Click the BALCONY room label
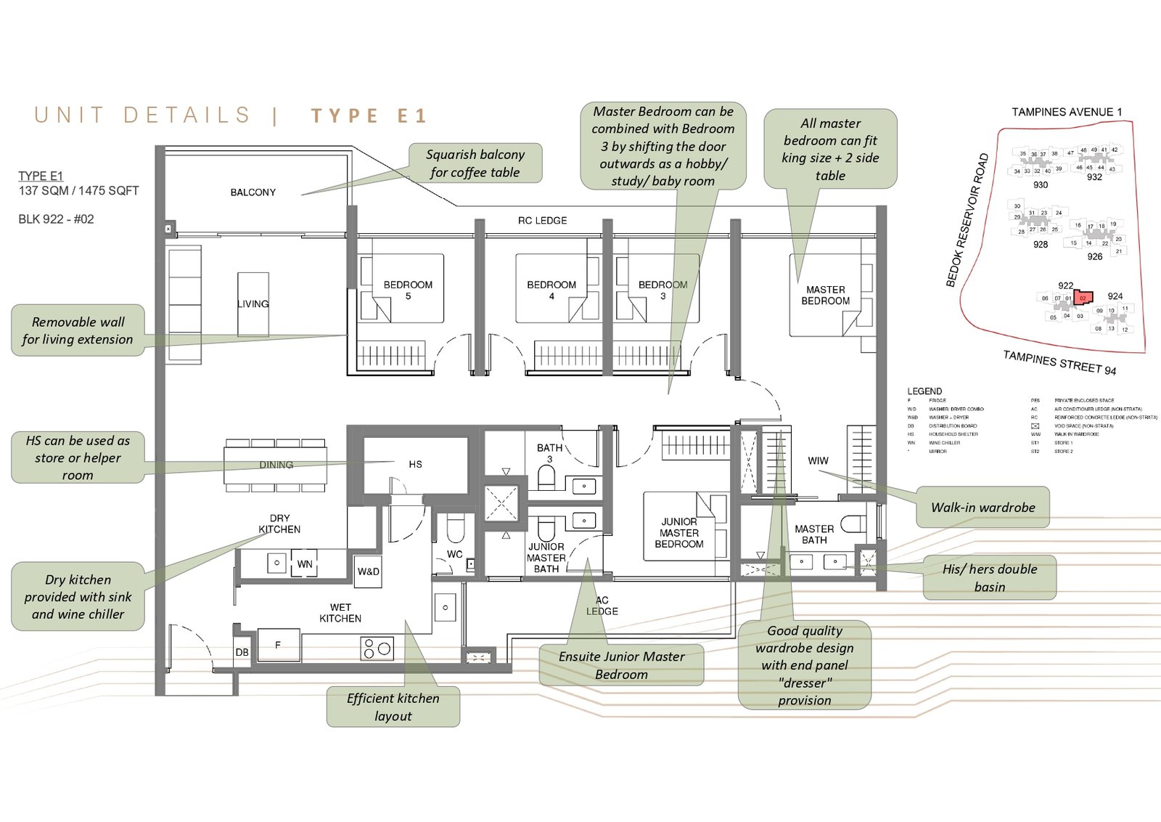[x=253, y=192]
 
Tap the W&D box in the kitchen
[x=369, y=571]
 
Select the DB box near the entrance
[x=242, y=652]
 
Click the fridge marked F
[x=278, y=645]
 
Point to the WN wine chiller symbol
[x=305, y=564]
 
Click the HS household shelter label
[x=415, y=465]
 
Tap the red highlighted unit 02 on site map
[x=1083, y=298]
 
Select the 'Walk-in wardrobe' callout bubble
[x=982, y=508]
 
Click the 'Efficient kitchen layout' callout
[x=393, y=707]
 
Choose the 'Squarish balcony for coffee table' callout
[x=475, y=163]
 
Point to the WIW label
[x=818, y=460]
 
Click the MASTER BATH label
[x=814, y=534]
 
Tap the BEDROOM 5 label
[x=408, y=290]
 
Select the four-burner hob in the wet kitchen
[x=377, y=648]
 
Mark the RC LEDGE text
[x=542, y=221]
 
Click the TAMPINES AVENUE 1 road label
[x=1067, y=112]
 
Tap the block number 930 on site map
[x=1041, y=185]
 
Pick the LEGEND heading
[x=924, y=391]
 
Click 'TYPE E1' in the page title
[x=369, y=116]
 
